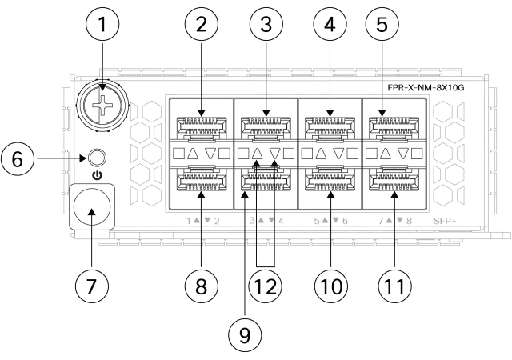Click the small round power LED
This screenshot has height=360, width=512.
[98, 157]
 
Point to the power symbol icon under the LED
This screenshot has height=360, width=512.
[98, 174]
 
